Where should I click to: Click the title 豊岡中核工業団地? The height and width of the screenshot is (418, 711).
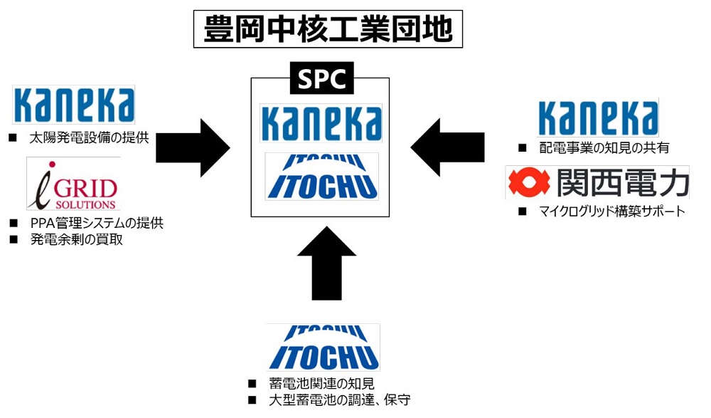click(x=328, y=29)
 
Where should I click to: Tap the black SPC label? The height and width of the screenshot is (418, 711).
click(x=321, y=79)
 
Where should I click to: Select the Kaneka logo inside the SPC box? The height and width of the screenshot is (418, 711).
click(x=321, y=122)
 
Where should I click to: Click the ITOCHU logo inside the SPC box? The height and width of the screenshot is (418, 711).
click(x=321, y=177)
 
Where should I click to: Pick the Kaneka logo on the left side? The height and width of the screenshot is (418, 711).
click(x=74, y=105)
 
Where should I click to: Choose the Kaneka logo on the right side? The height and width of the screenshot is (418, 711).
click(x=597, y=117)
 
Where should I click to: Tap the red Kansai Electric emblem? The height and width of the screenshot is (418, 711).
click(x=528, y=183)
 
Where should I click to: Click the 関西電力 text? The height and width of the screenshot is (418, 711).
click(x=622, y=183)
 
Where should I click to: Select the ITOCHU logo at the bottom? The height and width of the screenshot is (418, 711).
click(x=324, y=347)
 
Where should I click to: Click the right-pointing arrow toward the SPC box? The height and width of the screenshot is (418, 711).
click(x=193, y=147)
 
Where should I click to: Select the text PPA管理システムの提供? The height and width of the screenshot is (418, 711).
click(x=97, y=224)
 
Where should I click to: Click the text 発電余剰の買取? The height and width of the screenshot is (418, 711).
click(x=76, y=240)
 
